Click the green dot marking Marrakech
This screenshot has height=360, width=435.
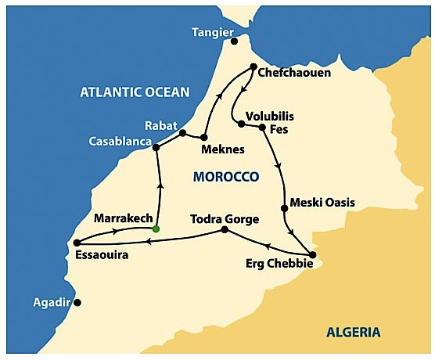156,229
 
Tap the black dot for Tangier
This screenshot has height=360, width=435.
233,41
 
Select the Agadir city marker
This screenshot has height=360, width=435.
77,302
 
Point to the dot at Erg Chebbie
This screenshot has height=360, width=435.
312,254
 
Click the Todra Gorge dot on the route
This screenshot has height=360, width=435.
225,230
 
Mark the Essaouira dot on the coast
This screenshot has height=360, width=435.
77,243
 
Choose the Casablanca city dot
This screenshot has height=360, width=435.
156,147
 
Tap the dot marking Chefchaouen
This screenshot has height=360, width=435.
253,67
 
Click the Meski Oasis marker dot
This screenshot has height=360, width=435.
283,208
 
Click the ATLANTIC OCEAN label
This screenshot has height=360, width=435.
135,92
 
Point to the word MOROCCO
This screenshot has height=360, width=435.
225,178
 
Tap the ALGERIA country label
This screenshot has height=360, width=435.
354,332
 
